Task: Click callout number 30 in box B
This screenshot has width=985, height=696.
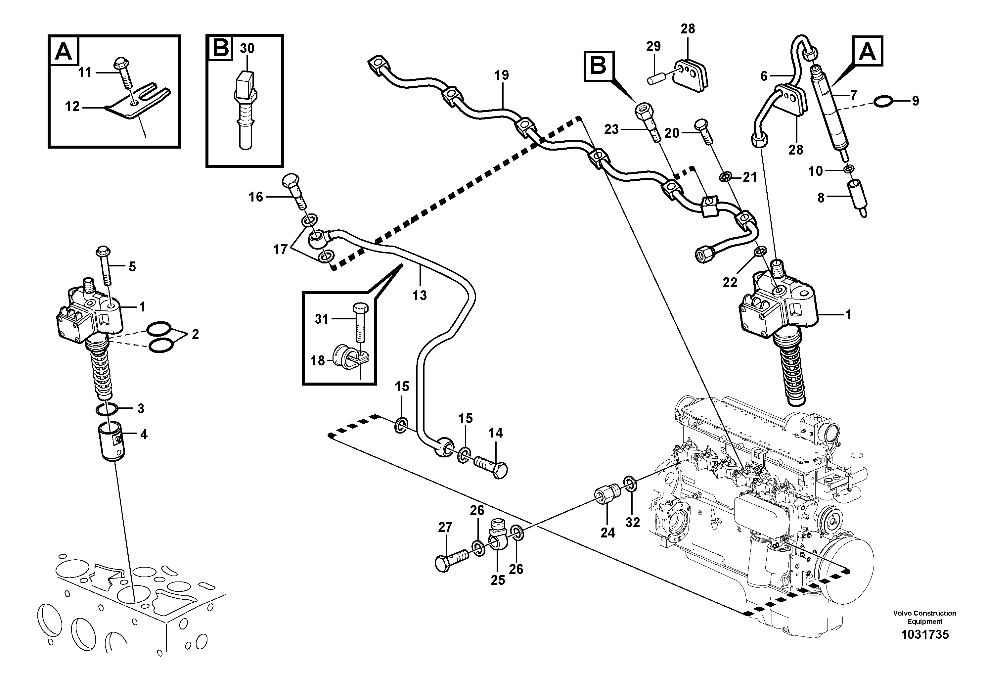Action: pyautogui.click(x=247, y=49)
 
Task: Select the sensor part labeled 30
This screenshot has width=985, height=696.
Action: pyautogui.click(x=245, y=112)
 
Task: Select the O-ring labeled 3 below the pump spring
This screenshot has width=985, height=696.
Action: pyautogui.click(x=107, y=409)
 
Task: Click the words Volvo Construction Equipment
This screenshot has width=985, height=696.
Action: pyautogui.click(x=924, y=617)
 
